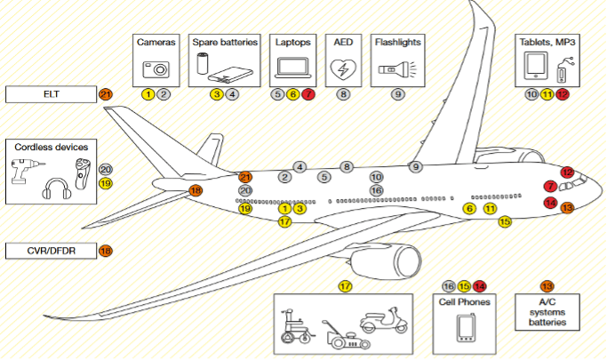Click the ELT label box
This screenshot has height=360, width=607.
pyautogui.click(x=51, y=93)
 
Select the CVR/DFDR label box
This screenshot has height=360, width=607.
pyautogui.click(x=51, y=251)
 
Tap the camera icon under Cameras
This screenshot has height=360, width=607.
pyautogui.click(x=156, y=68)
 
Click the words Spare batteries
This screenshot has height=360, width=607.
pyautogui.click(x=225, y=42)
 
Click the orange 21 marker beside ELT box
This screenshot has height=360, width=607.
pyautogui.click(x=106, y=94)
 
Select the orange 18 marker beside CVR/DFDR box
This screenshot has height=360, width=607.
pyautogui.click(x=106, y=251)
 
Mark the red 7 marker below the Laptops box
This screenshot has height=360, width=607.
pyautogui.click(x=308, y=93)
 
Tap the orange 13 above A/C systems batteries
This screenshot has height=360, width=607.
pyautogui.click(x=547, y=286)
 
